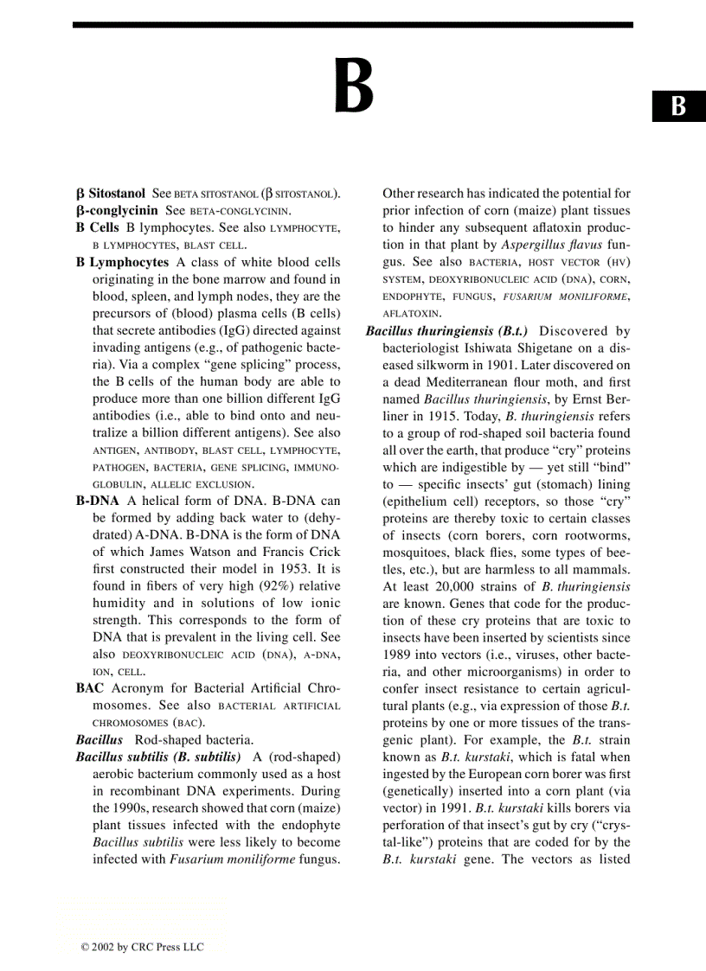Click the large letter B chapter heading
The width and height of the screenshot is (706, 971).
tap(354, 86)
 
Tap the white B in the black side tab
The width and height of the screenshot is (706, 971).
tap(678, 105)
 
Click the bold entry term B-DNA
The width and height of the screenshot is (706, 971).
tap(97, 501)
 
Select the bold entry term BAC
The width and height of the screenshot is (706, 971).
tap(89, 688)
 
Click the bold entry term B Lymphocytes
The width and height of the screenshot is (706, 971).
tap(123, 262)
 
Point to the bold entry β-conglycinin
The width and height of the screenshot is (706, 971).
tap(117, 210)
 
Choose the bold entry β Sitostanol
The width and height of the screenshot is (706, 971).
tap(110, 194)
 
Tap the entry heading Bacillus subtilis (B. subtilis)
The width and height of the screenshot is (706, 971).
tap(157, 757)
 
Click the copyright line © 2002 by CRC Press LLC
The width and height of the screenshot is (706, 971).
tap(143, 947)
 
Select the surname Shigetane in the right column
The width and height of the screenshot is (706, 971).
tap(533, 348)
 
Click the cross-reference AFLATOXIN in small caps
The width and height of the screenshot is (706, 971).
tap(412, 313)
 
